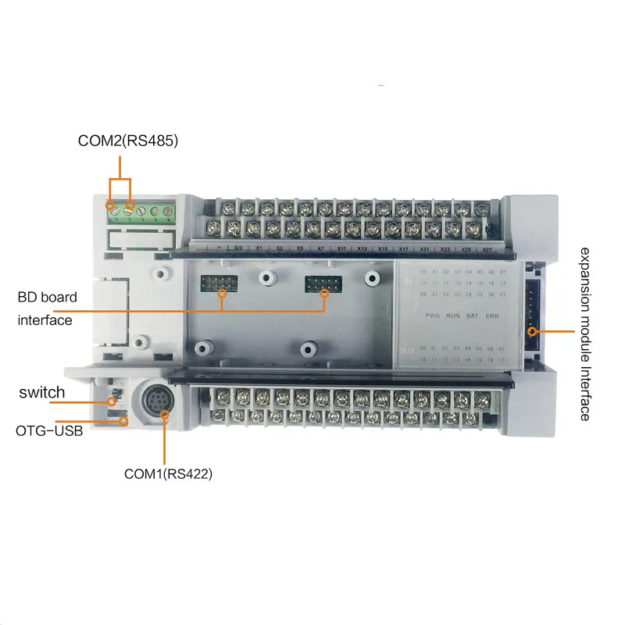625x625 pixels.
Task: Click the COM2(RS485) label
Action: [128, 141]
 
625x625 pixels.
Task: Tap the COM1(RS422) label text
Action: [169, 473]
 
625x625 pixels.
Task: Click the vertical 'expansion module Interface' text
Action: [584, 334]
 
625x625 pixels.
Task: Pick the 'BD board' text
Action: [48, 297]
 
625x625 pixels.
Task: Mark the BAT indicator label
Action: [473, 316]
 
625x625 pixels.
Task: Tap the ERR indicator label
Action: [494, 316]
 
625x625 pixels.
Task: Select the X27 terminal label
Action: [486, 249]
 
